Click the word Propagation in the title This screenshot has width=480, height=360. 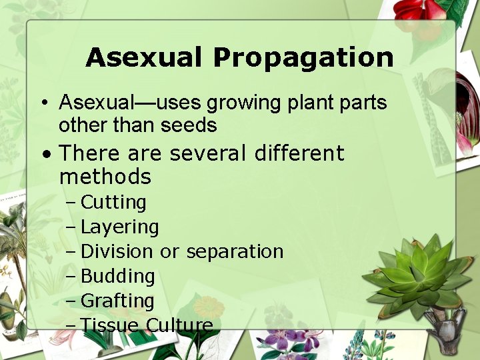303,59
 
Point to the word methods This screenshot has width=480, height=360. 105,177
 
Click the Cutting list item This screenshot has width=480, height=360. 113,202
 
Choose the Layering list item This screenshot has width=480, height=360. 119,227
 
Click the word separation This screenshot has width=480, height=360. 235,252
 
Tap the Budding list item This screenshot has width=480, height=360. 117,276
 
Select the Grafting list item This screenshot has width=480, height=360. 117,301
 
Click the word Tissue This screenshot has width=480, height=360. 109,325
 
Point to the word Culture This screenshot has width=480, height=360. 179,325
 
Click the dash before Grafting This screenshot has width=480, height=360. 71,301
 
